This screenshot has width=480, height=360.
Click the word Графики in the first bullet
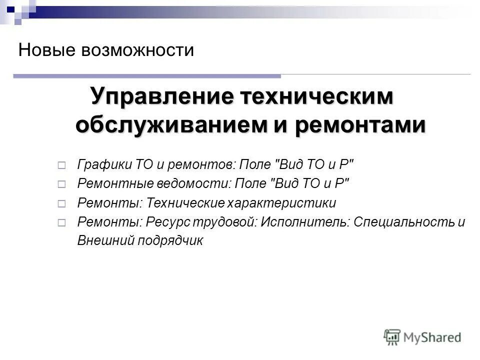[104, 164]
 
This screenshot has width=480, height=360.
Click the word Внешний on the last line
[100, 240]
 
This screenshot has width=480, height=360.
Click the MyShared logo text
[433, 337]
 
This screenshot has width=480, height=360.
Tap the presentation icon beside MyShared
[392, 337]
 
